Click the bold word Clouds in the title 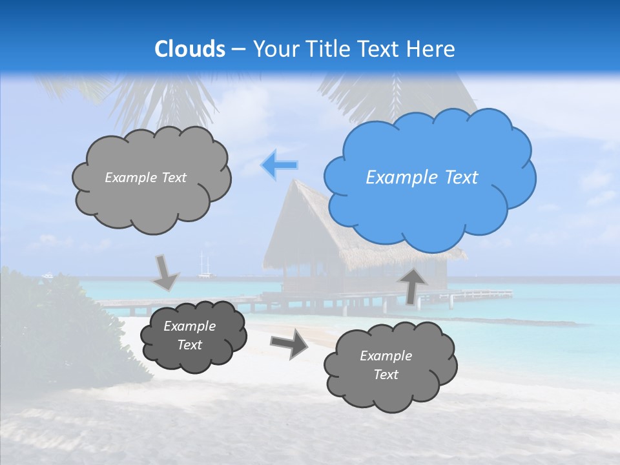pyautogui.click(x=190, y=49)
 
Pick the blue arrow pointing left pyautogui.click(x=279, y=165)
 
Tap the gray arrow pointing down pyautogui.click(x=166, y=272)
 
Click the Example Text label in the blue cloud pyautogui.click(x=422, y=178)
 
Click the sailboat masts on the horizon pyautogui.click(x=205, y=265)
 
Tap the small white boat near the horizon pyautogui.click(x=47, y=276)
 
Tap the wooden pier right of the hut pyautogui.click(x=478, y=295)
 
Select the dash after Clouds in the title pyautogui.click(x=238, y=49)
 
